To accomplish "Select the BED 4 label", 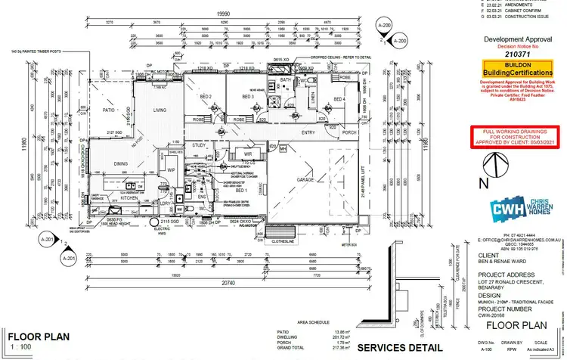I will point(339,99).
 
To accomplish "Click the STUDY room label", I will point(200,144).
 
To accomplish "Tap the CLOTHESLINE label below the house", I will point(281,244).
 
